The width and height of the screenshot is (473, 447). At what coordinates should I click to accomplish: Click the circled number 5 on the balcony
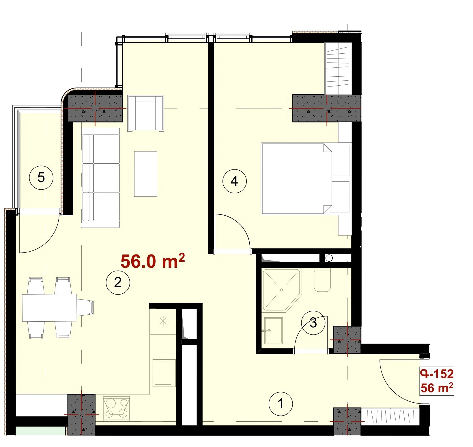(x=41, y=178)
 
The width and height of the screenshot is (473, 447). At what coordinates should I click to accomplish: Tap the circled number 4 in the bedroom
(x=234, y=181)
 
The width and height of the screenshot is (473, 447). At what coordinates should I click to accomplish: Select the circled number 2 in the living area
(x=118, y=282)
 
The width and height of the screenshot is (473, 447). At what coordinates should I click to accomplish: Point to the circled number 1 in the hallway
(x=281, y=404)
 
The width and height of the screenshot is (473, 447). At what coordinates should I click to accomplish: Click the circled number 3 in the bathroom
(x=313, y=323)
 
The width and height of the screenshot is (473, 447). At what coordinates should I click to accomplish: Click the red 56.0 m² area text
(x=153, y=261)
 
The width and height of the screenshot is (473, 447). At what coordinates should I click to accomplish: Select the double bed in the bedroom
(x=306, y=179)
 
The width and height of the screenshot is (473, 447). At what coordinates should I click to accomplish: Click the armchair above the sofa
(x=146, y=113)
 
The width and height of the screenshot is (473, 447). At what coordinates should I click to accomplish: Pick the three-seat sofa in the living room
(x=100, y=178)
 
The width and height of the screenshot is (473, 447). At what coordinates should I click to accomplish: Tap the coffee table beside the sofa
(x=145, y=174)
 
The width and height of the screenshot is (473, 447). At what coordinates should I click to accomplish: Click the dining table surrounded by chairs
(x=50, y=308)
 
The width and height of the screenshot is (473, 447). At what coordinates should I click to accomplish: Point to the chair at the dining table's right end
(x=85, y=307)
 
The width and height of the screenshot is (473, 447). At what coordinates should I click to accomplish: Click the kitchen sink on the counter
(x=164, y=373)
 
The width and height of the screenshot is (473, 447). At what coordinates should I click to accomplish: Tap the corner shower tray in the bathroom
(x=281, y=290)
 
